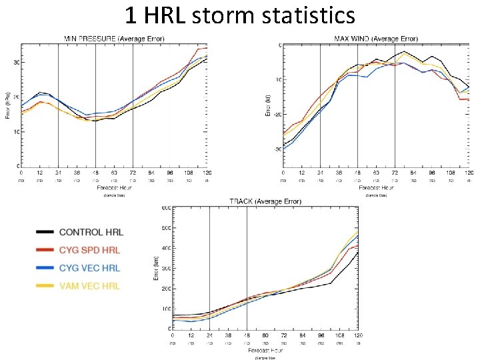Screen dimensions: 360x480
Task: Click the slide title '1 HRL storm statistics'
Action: (240, 15)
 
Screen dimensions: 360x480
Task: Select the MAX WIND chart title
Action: (378, 38)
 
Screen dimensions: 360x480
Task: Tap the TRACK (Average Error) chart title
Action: (265, 201)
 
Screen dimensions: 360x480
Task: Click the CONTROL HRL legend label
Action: (91, 232)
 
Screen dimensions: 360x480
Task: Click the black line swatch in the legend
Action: (44, 232)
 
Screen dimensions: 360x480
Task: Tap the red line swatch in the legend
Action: (44, 250)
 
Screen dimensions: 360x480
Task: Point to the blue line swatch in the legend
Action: (44, 268)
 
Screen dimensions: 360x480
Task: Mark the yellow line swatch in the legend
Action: (44, 286)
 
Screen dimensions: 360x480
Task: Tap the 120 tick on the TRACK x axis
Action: (359, 335)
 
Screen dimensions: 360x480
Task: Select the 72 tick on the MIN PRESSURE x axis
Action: (133, 172)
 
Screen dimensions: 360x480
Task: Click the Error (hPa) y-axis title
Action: (8, 105)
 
